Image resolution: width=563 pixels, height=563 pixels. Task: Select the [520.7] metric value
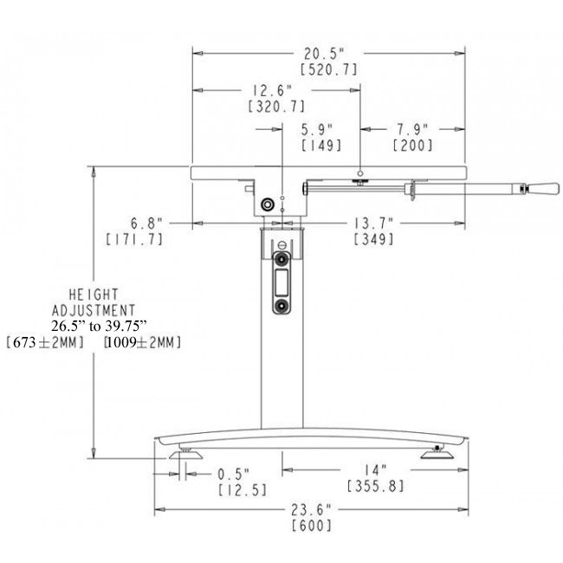click(x=328, y=69)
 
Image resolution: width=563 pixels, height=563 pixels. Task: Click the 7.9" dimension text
click(x=412, y=129)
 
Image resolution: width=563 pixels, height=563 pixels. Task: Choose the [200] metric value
click(x=412, y=146)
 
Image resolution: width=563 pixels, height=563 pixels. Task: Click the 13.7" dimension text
click(x=375, y=223)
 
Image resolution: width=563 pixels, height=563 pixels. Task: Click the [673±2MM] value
click(x=45, y=343)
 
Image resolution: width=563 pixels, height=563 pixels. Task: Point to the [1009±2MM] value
click(x=142, y=343)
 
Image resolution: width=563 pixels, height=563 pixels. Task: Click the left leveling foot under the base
click(x=186, y=454)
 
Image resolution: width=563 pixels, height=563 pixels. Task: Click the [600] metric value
click(x=312, y=526)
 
